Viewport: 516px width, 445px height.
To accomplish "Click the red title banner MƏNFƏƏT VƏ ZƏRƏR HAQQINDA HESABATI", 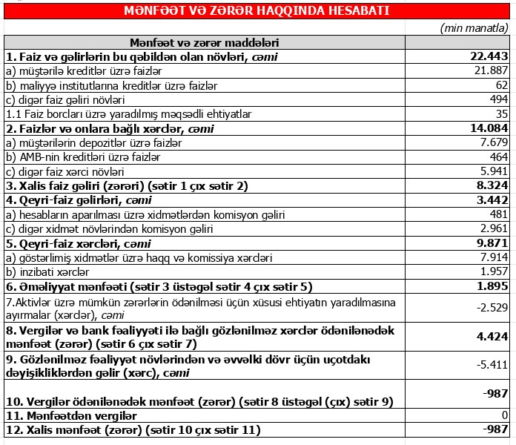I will pyautogui.click(x=257, y=11).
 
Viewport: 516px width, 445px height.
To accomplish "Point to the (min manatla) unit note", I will pyautogui.click(x=475, y=27).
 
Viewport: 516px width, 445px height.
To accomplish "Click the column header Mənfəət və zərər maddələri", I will pyautogui.click(x=204, y=42).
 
